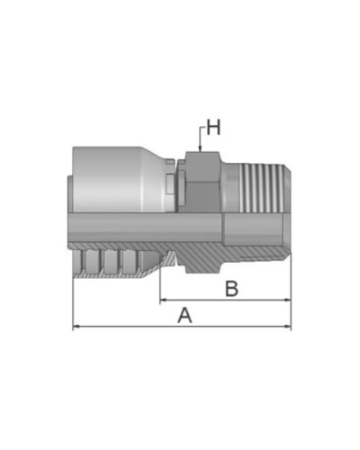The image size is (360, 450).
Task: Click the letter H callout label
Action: (x=213, y=129)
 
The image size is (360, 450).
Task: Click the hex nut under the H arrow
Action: (x=199, y=180)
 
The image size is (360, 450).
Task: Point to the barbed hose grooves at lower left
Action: (x=108, y=263)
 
